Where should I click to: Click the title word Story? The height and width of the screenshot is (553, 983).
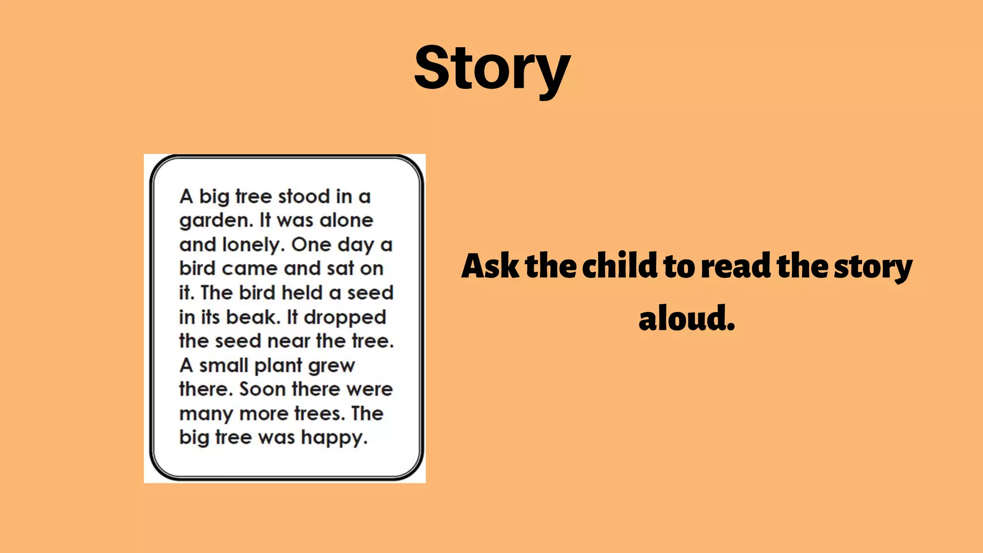point(492,69)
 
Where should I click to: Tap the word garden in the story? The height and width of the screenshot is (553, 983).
point(216,221)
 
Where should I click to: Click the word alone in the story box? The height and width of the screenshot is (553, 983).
point(346,220)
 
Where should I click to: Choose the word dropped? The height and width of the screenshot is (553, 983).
point(345,318)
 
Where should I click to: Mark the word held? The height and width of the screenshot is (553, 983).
point(301,292)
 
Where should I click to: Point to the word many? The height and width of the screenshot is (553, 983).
point(206,414)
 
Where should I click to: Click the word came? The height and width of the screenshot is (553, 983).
point(249,269)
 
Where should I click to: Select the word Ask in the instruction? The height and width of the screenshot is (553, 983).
point(490,266)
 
